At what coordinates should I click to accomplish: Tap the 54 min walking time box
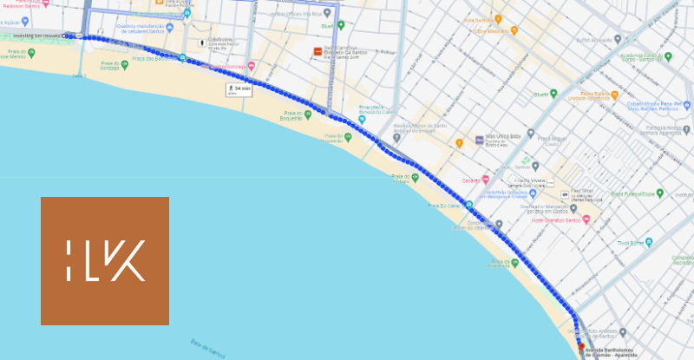point(238,89)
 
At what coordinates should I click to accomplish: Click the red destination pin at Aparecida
point(580,345)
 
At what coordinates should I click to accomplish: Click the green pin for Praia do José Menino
point(31,53)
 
